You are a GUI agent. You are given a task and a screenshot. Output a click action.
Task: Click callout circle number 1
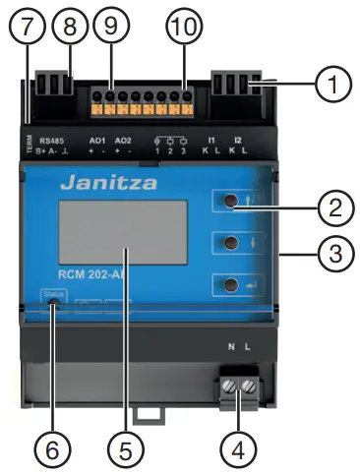click(337, 85)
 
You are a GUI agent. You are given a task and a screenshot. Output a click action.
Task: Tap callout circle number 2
click(336, 208)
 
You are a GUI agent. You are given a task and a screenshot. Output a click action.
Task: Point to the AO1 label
click(97, 141)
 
